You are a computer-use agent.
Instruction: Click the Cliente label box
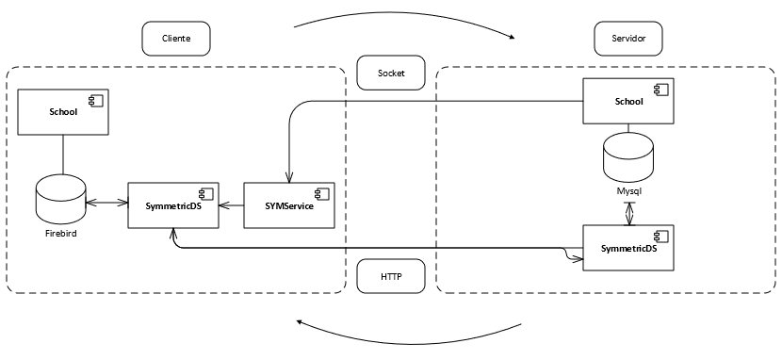click(x=175, y=39)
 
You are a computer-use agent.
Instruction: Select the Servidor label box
click(x=629, y=39)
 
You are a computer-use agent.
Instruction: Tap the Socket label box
click(x=391, y=73)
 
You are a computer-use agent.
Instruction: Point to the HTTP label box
click(x=391, y=276)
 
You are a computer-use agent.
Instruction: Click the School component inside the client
click(x=63, y=112)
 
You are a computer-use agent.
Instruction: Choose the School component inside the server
click(x=628, y=101)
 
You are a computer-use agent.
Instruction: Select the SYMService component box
click(x=290, y=205)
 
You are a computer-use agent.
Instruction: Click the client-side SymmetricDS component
click(x=171, y=205)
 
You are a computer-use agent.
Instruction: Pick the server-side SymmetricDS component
click(x=628, y=248)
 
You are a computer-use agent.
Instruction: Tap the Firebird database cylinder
click(x=60, y=199)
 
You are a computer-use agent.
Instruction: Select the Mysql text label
click(x=628, y=190)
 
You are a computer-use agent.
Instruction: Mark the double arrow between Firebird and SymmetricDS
click(x=106, y=202)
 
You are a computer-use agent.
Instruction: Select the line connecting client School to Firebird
click(x=63, y=155)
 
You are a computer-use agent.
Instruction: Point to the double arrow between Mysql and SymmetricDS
click(x=628, y=212)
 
